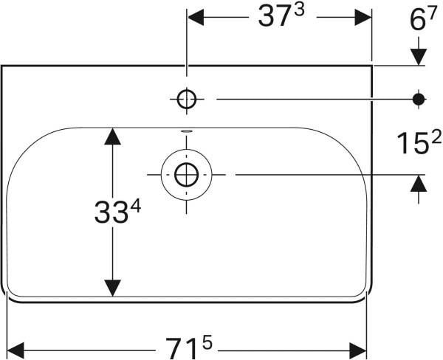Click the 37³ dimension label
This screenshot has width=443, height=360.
(281, 15)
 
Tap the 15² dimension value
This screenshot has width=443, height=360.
(419, 143)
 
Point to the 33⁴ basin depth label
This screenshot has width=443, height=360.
(117, 211)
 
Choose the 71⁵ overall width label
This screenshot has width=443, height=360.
(188, 348)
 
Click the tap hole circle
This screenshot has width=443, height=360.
(187, 99)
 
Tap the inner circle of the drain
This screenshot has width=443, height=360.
(186, 175)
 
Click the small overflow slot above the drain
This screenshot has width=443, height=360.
(187, 131)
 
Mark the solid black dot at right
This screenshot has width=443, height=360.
(419, 99)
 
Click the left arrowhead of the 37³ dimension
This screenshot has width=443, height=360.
(196, 17)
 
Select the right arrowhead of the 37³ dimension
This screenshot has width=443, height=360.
(363, 17)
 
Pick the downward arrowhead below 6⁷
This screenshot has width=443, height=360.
(419, 57)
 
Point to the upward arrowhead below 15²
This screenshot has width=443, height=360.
(419, 183)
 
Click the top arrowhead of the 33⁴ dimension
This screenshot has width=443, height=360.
(113, 136)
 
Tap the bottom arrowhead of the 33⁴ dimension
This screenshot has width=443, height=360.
(113, 288)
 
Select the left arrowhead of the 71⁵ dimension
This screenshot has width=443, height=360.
(16, 350)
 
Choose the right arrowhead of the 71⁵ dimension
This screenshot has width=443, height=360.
(357, 350)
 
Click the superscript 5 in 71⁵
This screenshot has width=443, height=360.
(207, 344)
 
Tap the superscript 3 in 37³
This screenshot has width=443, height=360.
(300, 10)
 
